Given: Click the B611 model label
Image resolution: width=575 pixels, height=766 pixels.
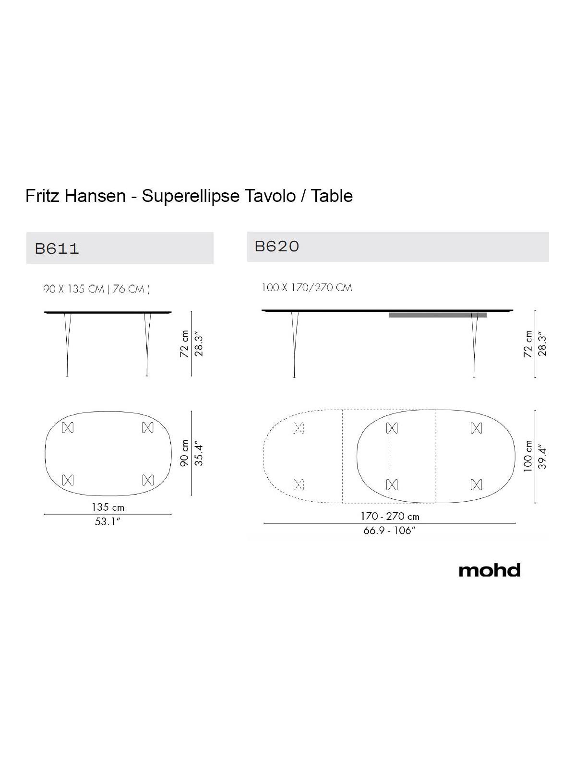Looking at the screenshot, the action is point(57,249).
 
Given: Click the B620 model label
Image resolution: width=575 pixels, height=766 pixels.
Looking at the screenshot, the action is point(277,247).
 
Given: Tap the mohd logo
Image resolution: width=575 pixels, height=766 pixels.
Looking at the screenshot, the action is point(490,570).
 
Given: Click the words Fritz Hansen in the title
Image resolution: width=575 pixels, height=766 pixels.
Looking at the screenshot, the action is point(75,196).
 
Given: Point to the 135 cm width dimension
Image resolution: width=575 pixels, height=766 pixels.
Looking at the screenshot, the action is point(108,507).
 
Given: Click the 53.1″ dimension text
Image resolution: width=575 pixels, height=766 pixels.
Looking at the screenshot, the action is point(108,521).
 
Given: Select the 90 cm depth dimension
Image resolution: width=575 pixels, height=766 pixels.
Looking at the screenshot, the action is point(185,453).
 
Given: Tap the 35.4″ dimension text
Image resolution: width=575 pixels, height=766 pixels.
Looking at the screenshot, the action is point(199,453).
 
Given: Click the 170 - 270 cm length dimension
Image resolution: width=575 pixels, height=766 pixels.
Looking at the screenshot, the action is point(390,516).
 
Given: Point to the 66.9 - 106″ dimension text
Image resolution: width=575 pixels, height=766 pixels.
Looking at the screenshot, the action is point(389,530).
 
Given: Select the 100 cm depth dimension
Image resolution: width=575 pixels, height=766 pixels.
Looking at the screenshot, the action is point(528,456).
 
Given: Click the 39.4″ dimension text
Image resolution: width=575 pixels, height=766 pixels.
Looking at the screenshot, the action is point(543,457).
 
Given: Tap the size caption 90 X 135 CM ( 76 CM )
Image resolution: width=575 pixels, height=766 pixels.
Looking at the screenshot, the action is point(97,289).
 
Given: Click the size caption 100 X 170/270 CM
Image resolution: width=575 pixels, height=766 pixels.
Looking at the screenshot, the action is point(307,288).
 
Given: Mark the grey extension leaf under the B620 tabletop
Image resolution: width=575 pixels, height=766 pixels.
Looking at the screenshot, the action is point(438,315).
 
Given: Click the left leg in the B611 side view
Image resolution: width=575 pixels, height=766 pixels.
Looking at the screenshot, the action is point(67,345).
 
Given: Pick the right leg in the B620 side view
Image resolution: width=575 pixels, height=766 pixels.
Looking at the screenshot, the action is point(474,345).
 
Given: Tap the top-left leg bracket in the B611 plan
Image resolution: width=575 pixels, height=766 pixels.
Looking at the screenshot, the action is point(68,427).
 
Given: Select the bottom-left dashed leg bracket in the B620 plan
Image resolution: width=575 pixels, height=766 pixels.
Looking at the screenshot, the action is point(299,485).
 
